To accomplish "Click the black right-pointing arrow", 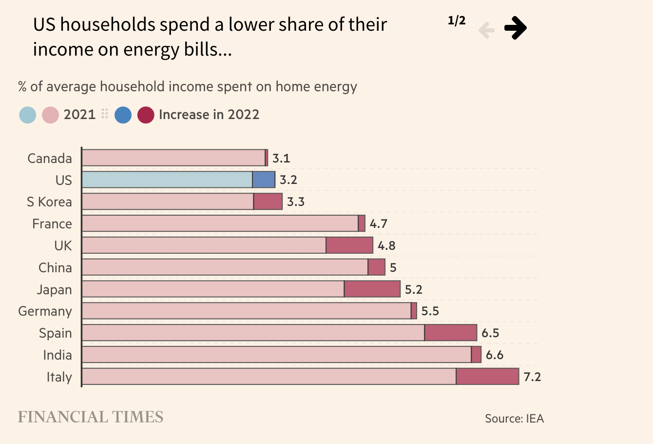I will pos(515,28).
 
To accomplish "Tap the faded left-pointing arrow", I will pos(486,30).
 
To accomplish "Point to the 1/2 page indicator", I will pos(457,20).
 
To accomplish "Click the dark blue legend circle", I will pos(123,115).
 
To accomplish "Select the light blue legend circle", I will pos(28,115).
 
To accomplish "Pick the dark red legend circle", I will pos(146,115).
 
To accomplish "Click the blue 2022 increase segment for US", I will pos(264,180).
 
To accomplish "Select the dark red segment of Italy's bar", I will pos(487,377).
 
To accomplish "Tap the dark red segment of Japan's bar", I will pos(372,289).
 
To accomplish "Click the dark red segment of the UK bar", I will pos(349,245).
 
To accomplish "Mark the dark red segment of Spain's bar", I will pos(451,333).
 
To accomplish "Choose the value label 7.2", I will pos(532,377).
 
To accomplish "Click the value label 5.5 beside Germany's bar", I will pos(430,311).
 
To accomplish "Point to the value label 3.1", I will pos(281,159).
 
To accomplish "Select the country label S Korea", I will pos(49,202).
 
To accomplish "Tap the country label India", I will pos(58,355).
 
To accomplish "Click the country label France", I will pos(52,224).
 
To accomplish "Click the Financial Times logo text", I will pos(91,417).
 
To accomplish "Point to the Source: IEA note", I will pos(514,419).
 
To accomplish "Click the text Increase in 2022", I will pos(209,115).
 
